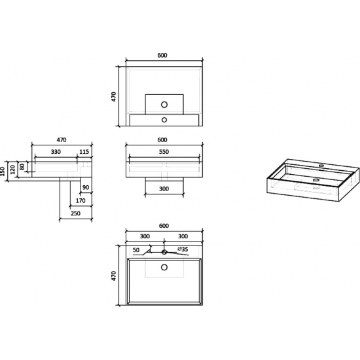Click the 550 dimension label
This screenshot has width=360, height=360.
coord(164,152)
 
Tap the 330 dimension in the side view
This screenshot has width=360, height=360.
coord(56,152)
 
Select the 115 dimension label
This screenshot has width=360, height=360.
coord(84,152)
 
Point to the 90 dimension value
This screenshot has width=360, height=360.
coord(86,187)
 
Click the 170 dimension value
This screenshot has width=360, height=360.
coord(81,201)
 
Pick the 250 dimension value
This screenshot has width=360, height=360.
coord(75,213)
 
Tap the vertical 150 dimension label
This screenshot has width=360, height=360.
coord(3,171)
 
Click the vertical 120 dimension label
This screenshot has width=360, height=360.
coord(13,170)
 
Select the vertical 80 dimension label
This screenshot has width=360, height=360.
coord(22,167)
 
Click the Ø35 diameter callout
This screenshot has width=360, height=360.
coord(183,249)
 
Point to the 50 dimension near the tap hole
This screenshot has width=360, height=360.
coord(136,250)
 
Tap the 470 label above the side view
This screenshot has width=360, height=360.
coord(62,140)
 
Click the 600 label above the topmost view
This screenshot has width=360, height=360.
coord(162,56)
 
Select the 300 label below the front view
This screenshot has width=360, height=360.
coord(164,189)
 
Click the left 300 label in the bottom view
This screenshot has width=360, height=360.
coord(145,236)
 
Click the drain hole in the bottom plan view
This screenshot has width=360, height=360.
coord(164,267)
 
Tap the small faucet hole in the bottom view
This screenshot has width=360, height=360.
coord(164,252)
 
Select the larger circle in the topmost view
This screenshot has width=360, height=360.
coord(164,105)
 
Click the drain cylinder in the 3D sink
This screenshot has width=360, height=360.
coord(316,184)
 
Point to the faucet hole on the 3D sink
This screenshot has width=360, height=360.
coord(321,166)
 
